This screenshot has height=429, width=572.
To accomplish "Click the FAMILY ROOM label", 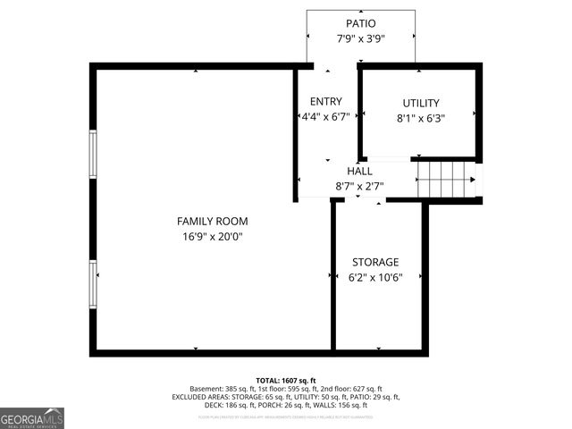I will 212,221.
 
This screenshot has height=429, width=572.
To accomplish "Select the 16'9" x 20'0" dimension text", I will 212,237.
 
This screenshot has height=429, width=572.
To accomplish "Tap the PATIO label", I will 361,23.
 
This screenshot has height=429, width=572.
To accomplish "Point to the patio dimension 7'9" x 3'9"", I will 361,38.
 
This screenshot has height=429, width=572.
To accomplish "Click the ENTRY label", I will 325,102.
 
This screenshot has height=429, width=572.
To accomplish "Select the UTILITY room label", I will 420,103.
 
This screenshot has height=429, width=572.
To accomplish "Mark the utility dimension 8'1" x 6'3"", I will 420,118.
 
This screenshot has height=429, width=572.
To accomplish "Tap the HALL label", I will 359,171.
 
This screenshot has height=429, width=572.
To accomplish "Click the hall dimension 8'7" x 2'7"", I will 359,187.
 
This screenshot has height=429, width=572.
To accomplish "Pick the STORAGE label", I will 375,262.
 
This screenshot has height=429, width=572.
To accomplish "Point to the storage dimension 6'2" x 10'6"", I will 375,277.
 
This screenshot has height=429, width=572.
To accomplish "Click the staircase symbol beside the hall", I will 447,179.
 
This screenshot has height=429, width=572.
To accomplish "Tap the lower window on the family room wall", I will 92,284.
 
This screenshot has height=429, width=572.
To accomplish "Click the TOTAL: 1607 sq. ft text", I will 286,380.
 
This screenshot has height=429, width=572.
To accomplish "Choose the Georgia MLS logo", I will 32,418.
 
